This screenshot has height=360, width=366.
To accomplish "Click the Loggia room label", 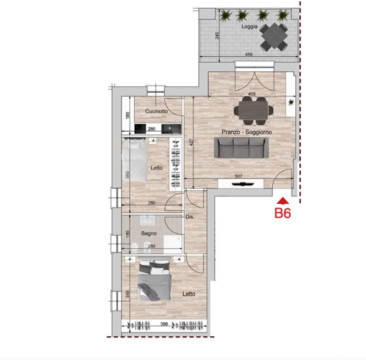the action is pos(249,26).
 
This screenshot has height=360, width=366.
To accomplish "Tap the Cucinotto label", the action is pos(156,111).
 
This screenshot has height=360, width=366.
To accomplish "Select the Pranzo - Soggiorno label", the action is pos(246,132).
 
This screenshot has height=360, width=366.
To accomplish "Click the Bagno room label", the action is pos(149,233).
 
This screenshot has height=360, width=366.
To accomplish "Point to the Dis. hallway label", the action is pos(190,217).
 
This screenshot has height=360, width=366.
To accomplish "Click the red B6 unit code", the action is pos(282,213).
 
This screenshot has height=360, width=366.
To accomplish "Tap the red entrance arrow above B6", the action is pos(283,201).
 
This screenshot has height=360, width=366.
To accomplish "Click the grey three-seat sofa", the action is pos(242,148).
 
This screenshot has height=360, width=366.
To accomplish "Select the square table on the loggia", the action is pos(274,36).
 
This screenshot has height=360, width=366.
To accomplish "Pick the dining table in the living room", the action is pos(254,110).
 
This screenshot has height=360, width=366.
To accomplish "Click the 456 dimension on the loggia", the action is pos(249,54).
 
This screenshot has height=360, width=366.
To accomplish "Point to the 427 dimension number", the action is pos(192,142).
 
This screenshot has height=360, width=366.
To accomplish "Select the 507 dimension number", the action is pos(239,176).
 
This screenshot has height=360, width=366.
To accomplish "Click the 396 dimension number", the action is pos(164,324).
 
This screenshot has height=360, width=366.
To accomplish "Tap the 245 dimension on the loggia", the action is pos(217,35).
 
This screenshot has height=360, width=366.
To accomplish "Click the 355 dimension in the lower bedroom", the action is pos(127,294).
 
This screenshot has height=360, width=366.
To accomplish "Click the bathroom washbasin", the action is pos(147,220).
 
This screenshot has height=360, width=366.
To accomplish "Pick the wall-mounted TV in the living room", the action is pos(243,184).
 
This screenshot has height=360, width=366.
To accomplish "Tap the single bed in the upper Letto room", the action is pos(134,159).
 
